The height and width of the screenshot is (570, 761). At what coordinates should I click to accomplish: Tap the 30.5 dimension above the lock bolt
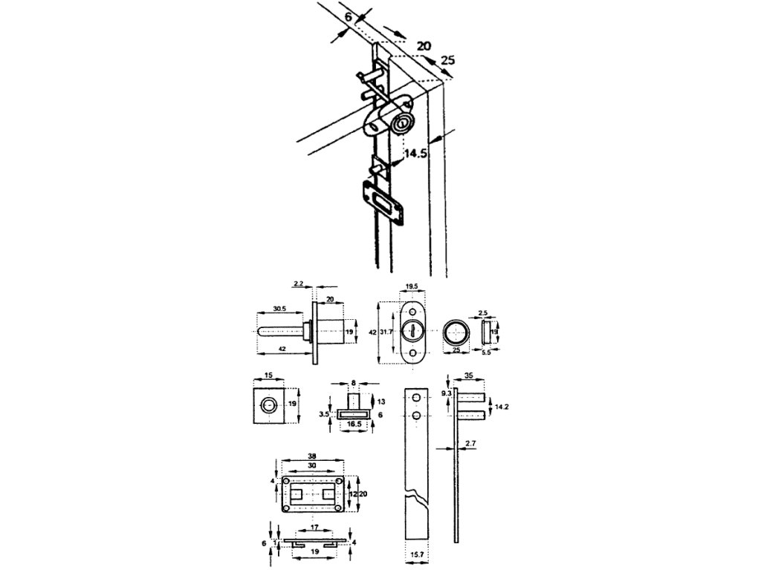[x=279, y=308]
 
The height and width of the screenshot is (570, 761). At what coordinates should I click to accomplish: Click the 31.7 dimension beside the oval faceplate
[x=387, y=332]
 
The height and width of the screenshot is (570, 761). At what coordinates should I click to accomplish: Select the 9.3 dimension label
[x=445, y=393]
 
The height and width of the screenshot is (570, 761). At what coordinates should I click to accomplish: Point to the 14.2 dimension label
[x=503, y=407]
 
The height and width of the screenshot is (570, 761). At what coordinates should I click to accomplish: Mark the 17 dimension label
[x=314, y=528]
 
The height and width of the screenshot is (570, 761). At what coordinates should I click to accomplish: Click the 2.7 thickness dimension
[x=470, y=444]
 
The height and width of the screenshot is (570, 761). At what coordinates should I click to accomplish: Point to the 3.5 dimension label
[x=323, y=414]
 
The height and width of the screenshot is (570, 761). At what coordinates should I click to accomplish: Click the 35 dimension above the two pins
[x=467, y=376]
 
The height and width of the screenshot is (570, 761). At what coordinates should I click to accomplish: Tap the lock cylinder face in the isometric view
[x=404, y=123]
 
